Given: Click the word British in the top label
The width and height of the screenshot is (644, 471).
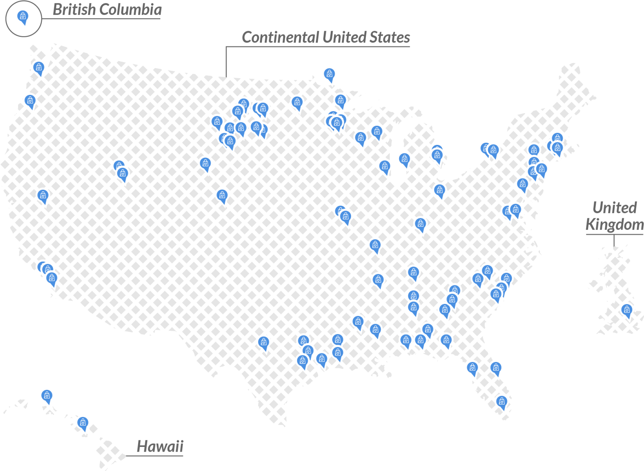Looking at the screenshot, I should (x=74, y=10).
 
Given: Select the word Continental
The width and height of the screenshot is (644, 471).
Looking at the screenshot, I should (x=280, y=37).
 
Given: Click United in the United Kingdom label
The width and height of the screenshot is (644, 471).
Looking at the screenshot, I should (x=615, y=208).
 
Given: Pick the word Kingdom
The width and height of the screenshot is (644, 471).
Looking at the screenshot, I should (x=615, y=225).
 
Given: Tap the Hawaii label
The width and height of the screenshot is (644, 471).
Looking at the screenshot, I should (x=160, y=447).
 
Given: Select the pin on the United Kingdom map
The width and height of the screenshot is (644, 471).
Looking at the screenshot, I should (x=626, y=310).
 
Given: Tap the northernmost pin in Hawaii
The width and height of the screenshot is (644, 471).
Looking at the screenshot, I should (x=47, y=396).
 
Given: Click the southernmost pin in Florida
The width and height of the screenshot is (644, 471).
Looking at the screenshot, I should (x=501, y=402).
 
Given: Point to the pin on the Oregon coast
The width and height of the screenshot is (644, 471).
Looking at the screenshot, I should (x=30, y=101).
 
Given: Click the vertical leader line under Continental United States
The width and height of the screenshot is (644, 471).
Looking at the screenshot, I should (x=226, y=61).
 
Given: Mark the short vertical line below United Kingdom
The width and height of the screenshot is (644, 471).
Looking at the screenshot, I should (x=614, y=241).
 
